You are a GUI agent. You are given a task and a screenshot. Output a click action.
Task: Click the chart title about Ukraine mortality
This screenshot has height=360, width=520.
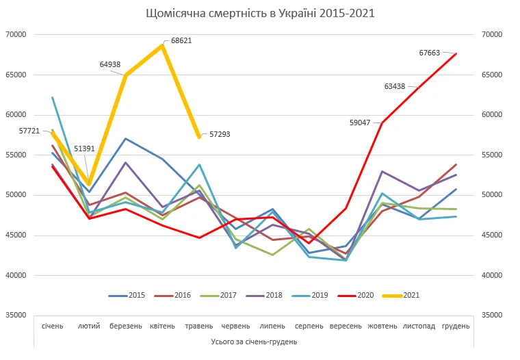261,13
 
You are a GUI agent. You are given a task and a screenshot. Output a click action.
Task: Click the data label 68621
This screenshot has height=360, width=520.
181,40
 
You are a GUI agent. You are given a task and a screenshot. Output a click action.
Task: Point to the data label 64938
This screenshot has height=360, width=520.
109,64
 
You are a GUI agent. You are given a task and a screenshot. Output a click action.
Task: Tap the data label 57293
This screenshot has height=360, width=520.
220,134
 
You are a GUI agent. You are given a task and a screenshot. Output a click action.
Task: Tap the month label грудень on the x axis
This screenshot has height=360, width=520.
456,326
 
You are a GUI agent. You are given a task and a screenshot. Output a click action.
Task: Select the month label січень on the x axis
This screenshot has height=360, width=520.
53,326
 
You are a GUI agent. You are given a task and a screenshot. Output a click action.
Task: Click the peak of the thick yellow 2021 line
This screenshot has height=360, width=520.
162,45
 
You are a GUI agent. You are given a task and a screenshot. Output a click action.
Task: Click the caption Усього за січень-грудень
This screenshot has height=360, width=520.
254,340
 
